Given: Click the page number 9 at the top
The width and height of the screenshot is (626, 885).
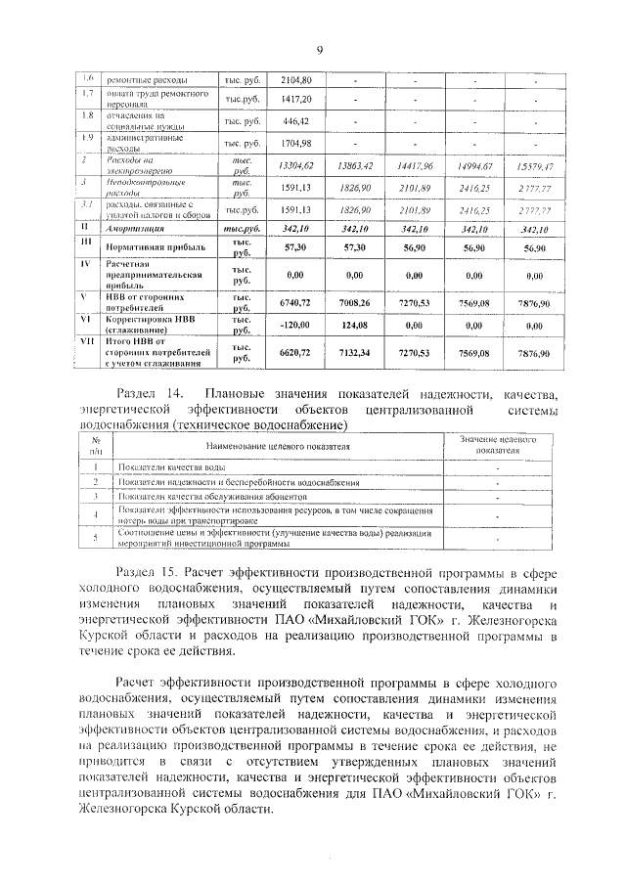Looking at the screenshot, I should [319, 51].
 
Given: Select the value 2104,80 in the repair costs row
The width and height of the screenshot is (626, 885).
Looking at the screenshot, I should [295, 79].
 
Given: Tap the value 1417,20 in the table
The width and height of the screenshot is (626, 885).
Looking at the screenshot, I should [295, 100].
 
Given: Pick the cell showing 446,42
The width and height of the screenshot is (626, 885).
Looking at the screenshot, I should [295, 121].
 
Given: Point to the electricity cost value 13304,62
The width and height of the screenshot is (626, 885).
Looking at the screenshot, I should [295, 167].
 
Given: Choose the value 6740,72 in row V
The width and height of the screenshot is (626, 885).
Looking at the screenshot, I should [295, 303].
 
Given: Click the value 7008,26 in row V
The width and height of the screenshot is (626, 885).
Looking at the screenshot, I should [356, 303].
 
